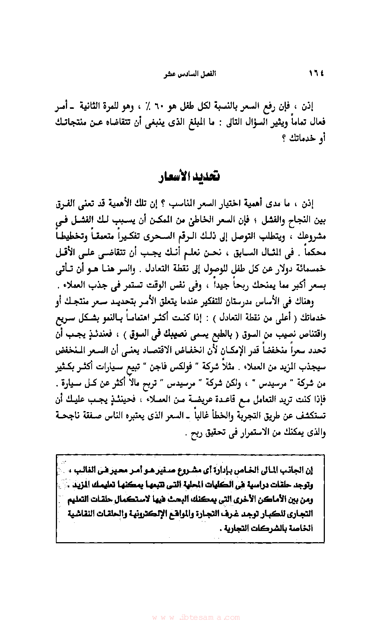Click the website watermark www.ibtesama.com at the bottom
point(196,617)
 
